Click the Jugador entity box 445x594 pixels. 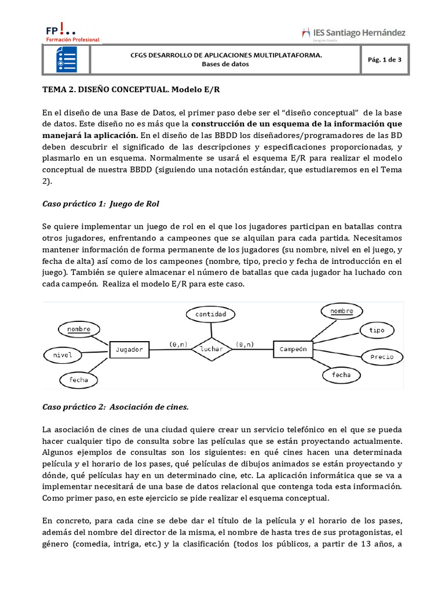point(129,350)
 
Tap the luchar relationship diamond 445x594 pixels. point(211,349)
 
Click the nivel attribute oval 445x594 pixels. point(62,354)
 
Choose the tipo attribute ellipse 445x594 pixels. point(377,330)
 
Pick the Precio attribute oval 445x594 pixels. point(381,357)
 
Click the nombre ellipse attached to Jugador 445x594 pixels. point(79,329)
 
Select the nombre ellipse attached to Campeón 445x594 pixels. point(341,312)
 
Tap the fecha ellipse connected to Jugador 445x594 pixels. point(79,379)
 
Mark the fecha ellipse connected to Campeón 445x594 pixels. point(341,375)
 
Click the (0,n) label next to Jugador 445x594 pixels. point(178,344)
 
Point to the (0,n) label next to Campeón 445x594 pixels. point(245,344)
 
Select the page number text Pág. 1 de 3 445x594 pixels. point(385,59)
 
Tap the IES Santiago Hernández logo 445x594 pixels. point(353,33)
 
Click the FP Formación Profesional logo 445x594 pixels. point(72,33)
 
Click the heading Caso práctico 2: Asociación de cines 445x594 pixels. point(116,407)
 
